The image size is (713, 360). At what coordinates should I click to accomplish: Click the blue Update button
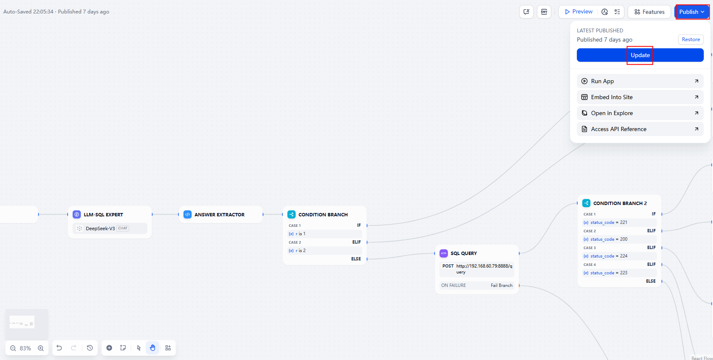pos(640,55)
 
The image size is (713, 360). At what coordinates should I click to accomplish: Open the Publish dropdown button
pos(691,12)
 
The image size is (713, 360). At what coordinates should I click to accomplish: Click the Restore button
pos(691,39)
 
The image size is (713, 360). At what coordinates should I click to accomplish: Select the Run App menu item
pos(640,81)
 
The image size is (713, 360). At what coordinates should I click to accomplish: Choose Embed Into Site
pos(640,97)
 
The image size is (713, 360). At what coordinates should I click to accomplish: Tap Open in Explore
pos(640,113)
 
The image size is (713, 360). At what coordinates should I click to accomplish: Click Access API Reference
pos(640,129)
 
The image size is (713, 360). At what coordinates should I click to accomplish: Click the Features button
pos(649,12)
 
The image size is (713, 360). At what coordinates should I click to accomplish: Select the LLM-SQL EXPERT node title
pos(103,215)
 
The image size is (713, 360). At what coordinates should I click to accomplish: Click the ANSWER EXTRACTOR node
pos(221,215)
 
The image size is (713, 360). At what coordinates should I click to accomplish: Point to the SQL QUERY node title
pos(464,253)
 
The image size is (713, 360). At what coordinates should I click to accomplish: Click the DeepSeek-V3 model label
pos(100,228)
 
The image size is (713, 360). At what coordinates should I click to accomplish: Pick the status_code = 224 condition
pos(609,256)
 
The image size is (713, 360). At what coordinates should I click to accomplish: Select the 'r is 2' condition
pos(300,250)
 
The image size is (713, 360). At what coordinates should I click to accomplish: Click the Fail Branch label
pos(501,285)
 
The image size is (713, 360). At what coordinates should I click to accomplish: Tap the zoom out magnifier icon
pos(13,348)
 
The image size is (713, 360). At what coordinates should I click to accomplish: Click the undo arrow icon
pos(59,347)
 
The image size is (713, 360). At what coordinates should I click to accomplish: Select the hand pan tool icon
pos(153,347)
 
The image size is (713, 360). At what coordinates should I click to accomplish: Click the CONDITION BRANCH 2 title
pos(620,203)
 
